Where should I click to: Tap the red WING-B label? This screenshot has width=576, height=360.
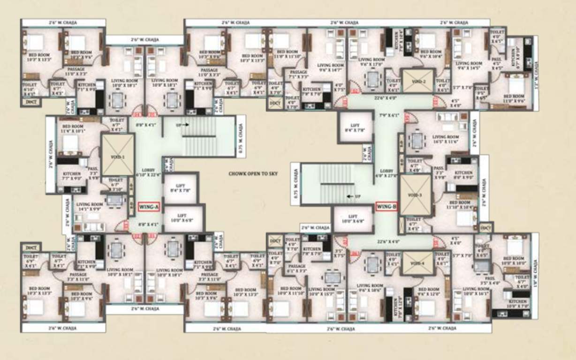tap(387, 206)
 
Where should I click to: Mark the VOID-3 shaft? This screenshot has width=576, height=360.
tap(415, 195)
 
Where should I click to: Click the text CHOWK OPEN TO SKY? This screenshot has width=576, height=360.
tap(253, 174)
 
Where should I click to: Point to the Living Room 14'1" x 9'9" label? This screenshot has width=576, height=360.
tap(90, 207)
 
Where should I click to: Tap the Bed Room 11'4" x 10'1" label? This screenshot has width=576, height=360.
tap(73, 128)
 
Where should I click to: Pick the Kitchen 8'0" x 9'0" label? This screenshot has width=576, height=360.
tap(462, 175)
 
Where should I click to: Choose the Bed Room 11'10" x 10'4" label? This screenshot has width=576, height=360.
tap(459, 204)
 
